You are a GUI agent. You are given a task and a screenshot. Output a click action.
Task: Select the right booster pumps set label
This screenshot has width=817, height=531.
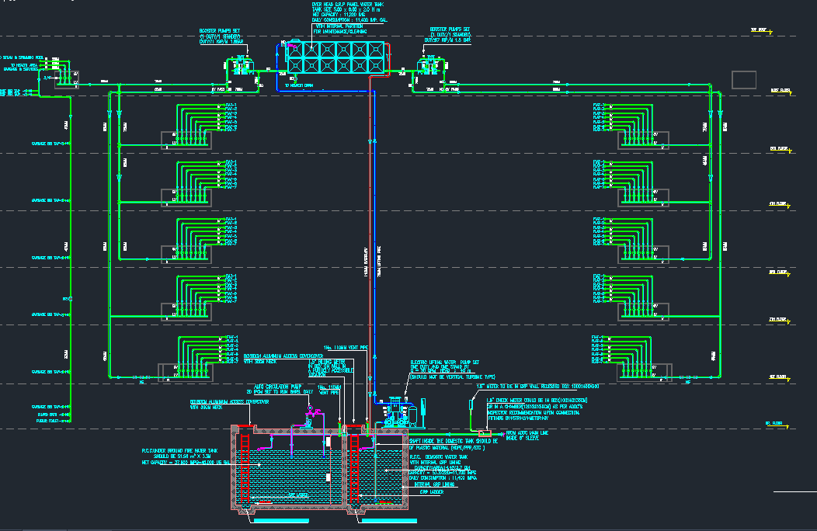[x=450, y=36]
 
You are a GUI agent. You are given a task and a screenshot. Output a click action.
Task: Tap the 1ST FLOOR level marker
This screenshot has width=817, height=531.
[x=778, y=378]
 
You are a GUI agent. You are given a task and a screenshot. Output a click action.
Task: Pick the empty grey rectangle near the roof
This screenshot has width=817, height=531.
[x=744, y=79]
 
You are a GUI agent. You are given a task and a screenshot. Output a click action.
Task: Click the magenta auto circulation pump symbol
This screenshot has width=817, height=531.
[x=311, y=420]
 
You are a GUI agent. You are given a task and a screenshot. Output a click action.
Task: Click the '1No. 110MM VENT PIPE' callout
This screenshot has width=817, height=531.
[x=346, y=348]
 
